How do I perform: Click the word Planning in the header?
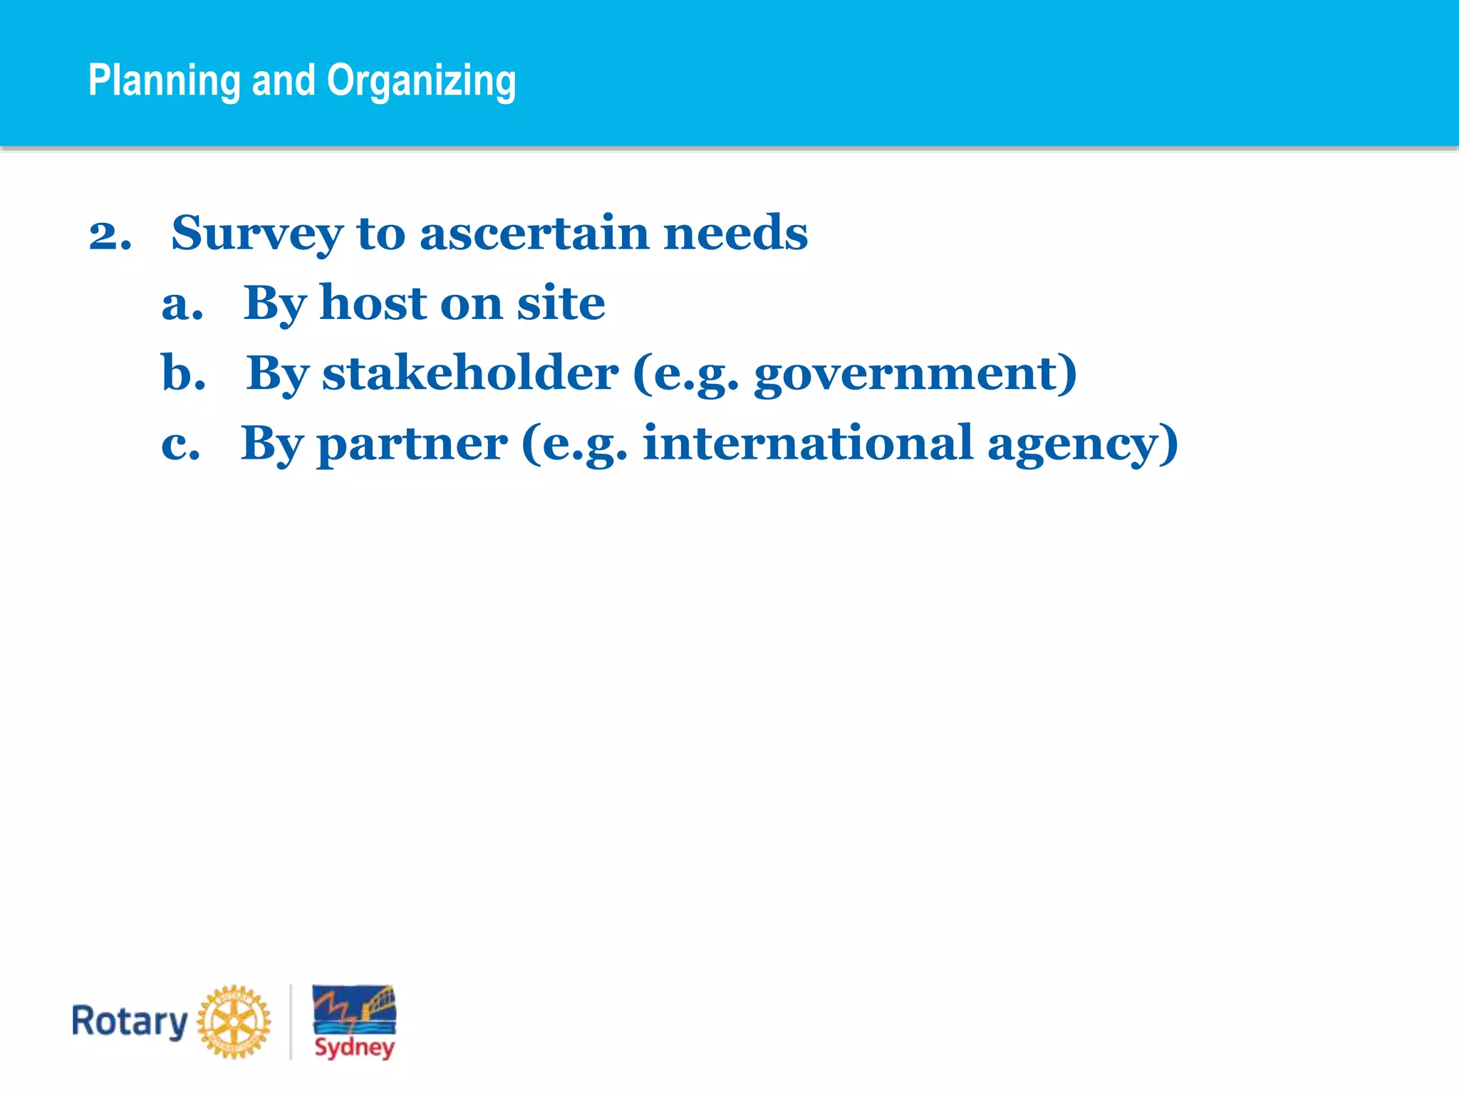[x=164, y=80]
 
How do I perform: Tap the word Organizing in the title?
[x=421, y=80]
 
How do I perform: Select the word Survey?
[x=256, y=234]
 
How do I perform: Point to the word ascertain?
[x=534, y=233]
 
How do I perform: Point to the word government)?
[x=915, y=374]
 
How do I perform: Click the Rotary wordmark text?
[x=130, y=1022]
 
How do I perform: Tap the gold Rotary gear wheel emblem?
[x=234, y=1021]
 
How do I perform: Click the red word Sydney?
[x=354, y=1047]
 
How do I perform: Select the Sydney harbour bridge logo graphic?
[x=354, y=1010]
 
